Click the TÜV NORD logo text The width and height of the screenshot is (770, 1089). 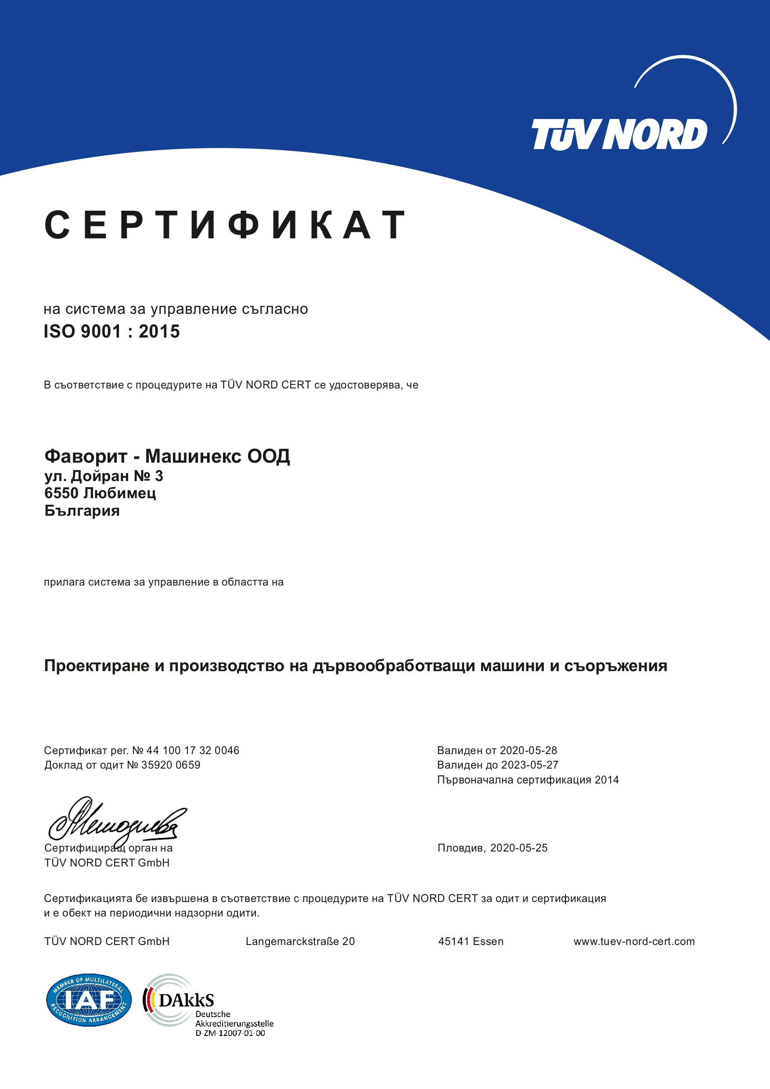tap(619, 134)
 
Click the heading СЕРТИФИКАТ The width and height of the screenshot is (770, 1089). tap(225, 225)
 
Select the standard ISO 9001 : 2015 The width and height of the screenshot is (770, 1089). tap(112, 331)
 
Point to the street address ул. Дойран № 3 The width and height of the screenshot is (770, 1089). tap(104, 476)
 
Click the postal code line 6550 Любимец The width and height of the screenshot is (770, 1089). tap(100, 493)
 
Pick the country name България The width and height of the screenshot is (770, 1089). tap(82, 511)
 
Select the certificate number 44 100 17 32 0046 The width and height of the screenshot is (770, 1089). tap(193, 750)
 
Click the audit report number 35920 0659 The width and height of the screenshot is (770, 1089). tap(170, 765)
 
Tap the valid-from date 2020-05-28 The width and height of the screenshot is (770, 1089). tap(528, 750)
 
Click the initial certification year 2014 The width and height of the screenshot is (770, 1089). tap(606, 780)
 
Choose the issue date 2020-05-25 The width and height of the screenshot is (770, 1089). tap(518, 848)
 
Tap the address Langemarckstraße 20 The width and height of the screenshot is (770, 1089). tap(300, 942)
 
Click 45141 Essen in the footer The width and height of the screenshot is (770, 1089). tap(471, 942)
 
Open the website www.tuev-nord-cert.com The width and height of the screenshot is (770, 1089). tap(634, 942)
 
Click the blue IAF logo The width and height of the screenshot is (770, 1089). tap(89, 1000)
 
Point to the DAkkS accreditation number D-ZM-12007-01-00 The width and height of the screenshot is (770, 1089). tap(230, 1033)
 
